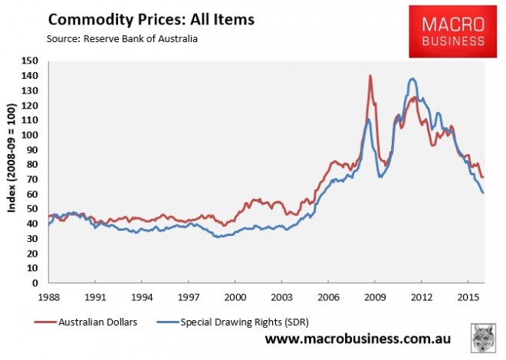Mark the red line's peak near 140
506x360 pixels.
pos(371,75)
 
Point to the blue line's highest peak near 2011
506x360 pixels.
pos(412,78)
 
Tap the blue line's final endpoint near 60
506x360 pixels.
pos(483,192)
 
